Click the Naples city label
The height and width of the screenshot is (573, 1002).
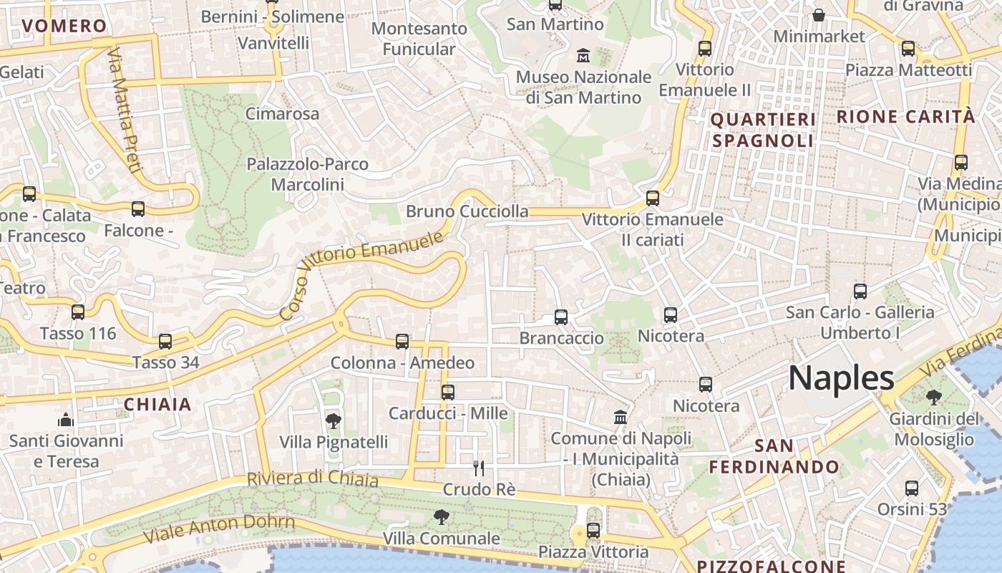[841, 377]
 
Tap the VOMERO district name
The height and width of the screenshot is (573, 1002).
[64, 27]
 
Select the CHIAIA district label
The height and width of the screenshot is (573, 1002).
[157, 404]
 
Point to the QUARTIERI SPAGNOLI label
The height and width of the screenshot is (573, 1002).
[763, 130]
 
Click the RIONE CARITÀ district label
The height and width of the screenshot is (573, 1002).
[905, 117]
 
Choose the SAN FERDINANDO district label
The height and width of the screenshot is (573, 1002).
[774, 456]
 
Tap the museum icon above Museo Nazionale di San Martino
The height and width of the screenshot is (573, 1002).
[583, 55]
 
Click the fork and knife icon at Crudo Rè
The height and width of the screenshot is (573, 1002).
[479, 468]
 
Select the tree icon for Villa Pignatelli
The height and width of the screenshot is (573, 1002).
[333, 420]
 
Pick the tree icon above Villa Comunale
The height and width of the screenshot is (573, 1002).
[442, 516]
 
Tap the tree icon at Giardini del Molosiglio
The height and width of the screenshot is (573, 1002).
[933, 397]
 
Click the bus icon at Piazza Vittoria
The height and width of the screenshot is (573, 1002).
[593, 531]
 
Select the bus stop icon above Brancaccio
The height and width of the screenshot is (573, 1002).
[561, 317]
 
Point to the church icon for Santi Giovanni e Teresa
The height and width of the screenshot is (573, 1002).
[66, 419]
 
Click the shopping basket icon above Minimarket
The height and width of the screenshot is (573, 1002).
[819, 15]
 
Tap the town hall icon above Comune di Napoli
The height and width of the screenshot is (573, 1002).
[621, 417]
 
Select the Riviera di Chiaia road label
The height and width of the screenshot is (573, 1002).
[312, 479]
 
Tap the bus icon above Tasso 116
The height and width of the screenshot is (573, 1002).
[78, 312]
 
